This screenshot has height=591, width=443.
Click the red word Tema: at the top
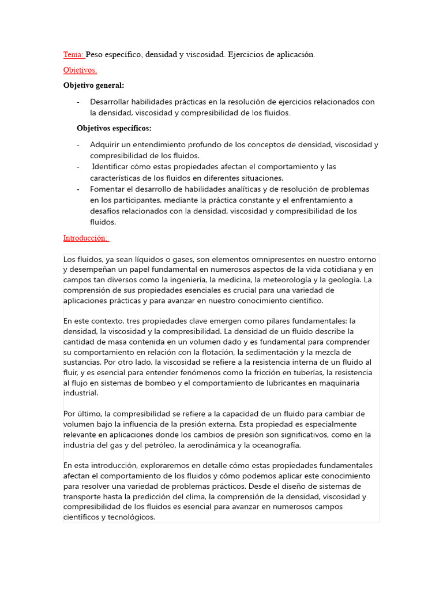click(73, 55)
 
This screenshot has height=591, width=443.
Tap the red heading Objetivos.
click(80, 70)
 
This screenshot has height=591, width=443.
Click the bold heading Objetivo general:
click(93, 85)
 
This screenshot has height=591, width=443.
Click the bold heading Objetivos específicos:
click(114, 128)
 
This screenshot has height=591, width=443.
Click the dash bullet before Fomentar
click(78, 189)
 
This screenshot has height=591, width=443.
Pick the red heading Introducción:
click(86, 238)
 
